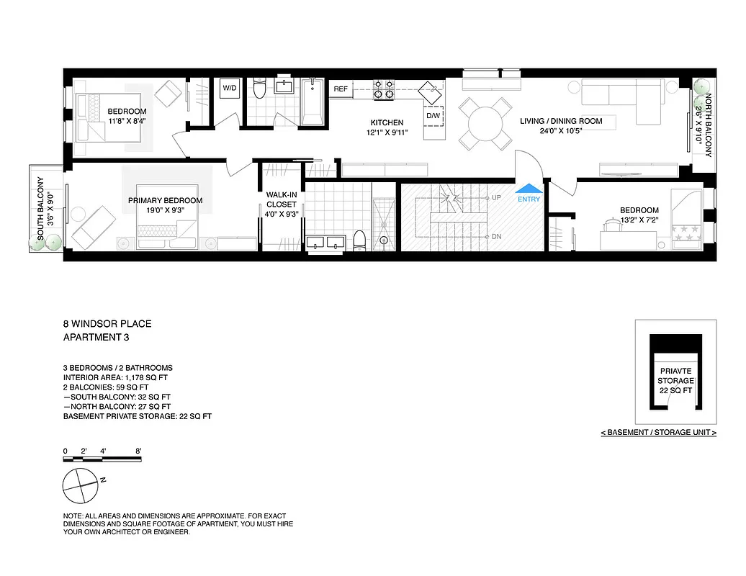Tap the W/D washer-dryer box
(x=230, y=89)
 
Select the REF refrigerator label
(x=341, y=89)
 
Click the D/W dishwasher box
(x=433, y=116)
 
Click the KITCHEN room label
(x=387, y=122)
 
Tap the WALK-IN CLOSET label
(x=281, y=199)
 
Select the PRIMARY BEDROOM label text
(x=165, y=201)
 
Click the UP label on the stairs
(x=496, y=197)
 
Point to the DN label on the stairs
(x=496, y=237)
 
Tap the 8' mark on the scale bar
(x=138, y=451)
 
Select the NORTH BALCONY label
(x=708, y=125)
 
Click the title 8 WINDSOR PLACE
(x=107, y=324)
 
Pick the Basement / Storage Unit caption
(x=659, y=433)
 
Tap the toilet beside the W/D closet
(x=260, y=89)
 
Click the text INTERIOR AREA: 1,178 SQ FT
(x=118, y=377)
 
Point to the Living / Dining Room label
(x=561, y=121)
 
